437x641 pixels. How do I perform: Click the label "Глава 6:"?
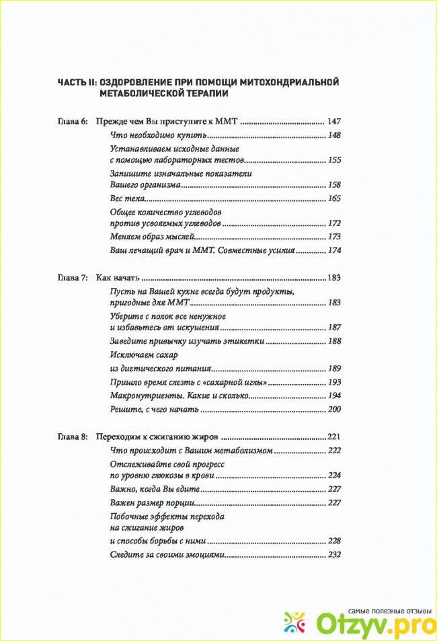tap(72, 122)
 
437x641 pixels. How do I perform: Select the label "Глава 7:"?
tap(72, 278)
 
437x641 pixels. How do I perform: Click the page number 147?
tap(334, 122)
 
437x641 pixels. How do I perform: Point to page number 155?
tap(334, 161)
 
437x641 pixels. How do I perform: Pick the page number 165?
tap(334, 198)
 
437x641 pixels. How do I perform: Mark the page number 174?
tap(334, 250)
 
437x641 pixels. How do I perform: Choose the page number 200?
tap(334, 409)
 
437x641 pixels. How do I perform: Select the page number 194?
tap(334, 395)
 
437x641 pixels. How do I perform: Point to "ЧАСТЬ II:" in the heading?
tap(77, 81)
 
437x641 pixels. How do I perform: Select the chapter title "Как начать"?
tap(117, 278)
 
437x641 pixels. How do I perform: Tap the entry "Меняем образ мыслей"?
tap(152, 237)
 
